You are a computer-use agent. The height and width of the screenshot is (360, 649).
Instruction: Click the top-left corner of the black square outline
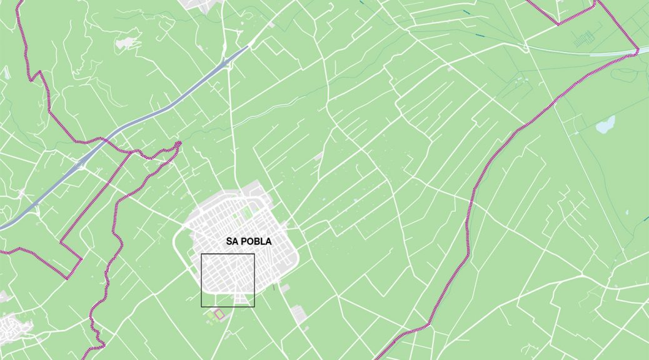click(x=201, y=254)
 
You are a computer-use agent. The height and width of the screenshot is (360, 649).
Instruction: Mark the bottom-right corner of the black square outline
click(x=254, y=307)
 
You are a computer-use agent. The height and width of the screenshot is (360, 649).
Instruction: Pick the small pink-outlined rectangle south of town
click(x=219, y=313)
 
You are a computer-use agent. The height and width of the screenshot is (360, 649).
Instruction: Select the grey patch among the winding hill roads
click(x=124, y=42)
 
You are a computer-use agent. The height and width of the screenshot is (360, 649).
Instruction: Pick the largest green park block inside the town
click(x=247, y=212)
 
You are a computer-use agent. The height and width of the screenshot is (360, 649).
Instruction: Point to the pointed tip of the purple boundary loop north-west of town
click(x=179, y=143)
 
